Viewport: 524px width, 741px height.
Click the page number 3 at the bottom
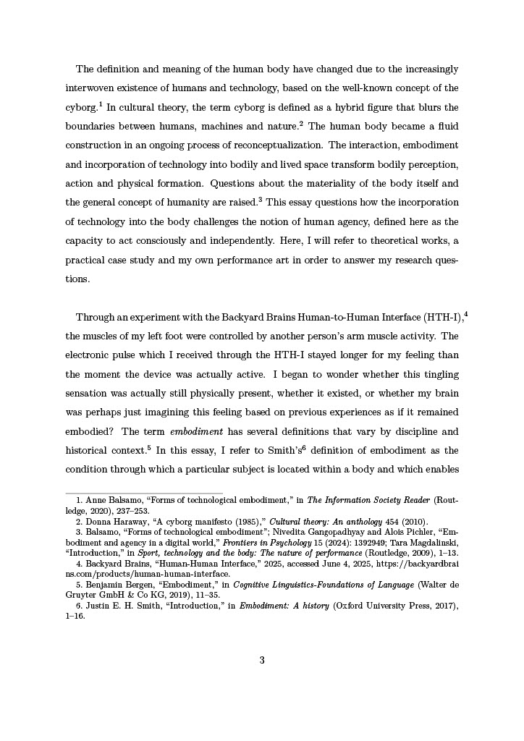(262, 660)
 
